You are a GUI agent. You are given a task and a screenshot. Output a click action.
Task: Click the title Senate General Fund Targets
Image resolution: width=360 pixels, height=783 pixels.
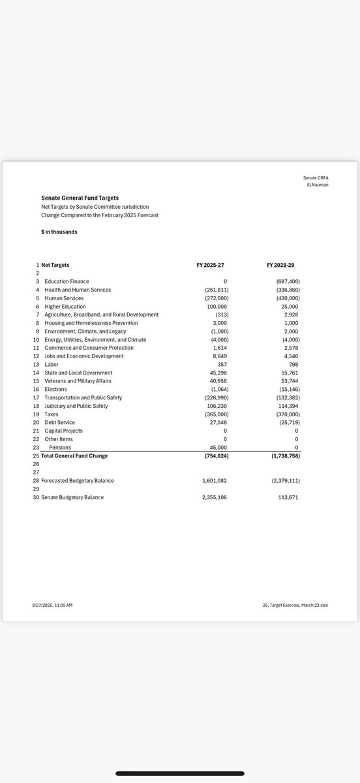[x=80, y=198]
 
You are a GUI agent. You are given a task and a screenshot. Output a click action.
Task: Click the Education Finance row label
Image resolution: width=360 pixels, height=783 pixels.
[x=67, y=281]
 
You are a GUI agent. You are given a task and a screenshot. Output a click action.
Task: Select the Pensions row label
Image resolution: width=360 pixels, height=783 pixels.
[x=62, y=448]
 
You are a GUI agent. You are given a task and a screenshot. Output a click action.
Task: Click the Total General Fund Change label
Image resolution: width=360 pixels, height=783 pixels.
[x=74, y=455]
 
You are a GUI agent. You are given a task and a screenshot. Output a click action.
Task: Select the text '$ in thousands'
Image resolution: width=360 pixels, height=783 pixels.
[x=59, y=232]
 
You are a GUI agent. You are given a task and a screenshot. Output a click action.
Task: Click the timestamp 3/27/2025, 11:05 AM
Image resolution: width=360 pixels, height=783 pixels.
[x=52, y=606]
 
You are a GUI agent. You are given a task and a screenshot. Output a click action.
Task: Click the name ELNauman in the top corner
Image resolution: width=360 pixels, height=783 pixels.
[x=318, y=185]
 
